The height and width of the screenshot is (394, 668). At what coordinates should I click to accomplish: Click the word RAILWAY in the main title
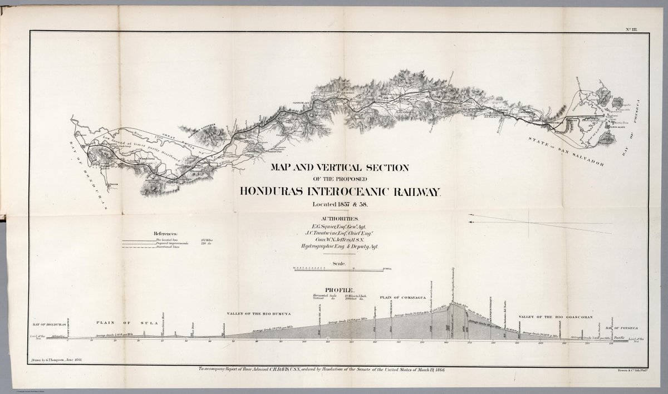click(414, 191)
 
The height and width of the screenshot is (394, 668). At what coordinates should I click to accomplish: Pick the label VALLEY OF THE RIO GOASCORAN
click(546, 317)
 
